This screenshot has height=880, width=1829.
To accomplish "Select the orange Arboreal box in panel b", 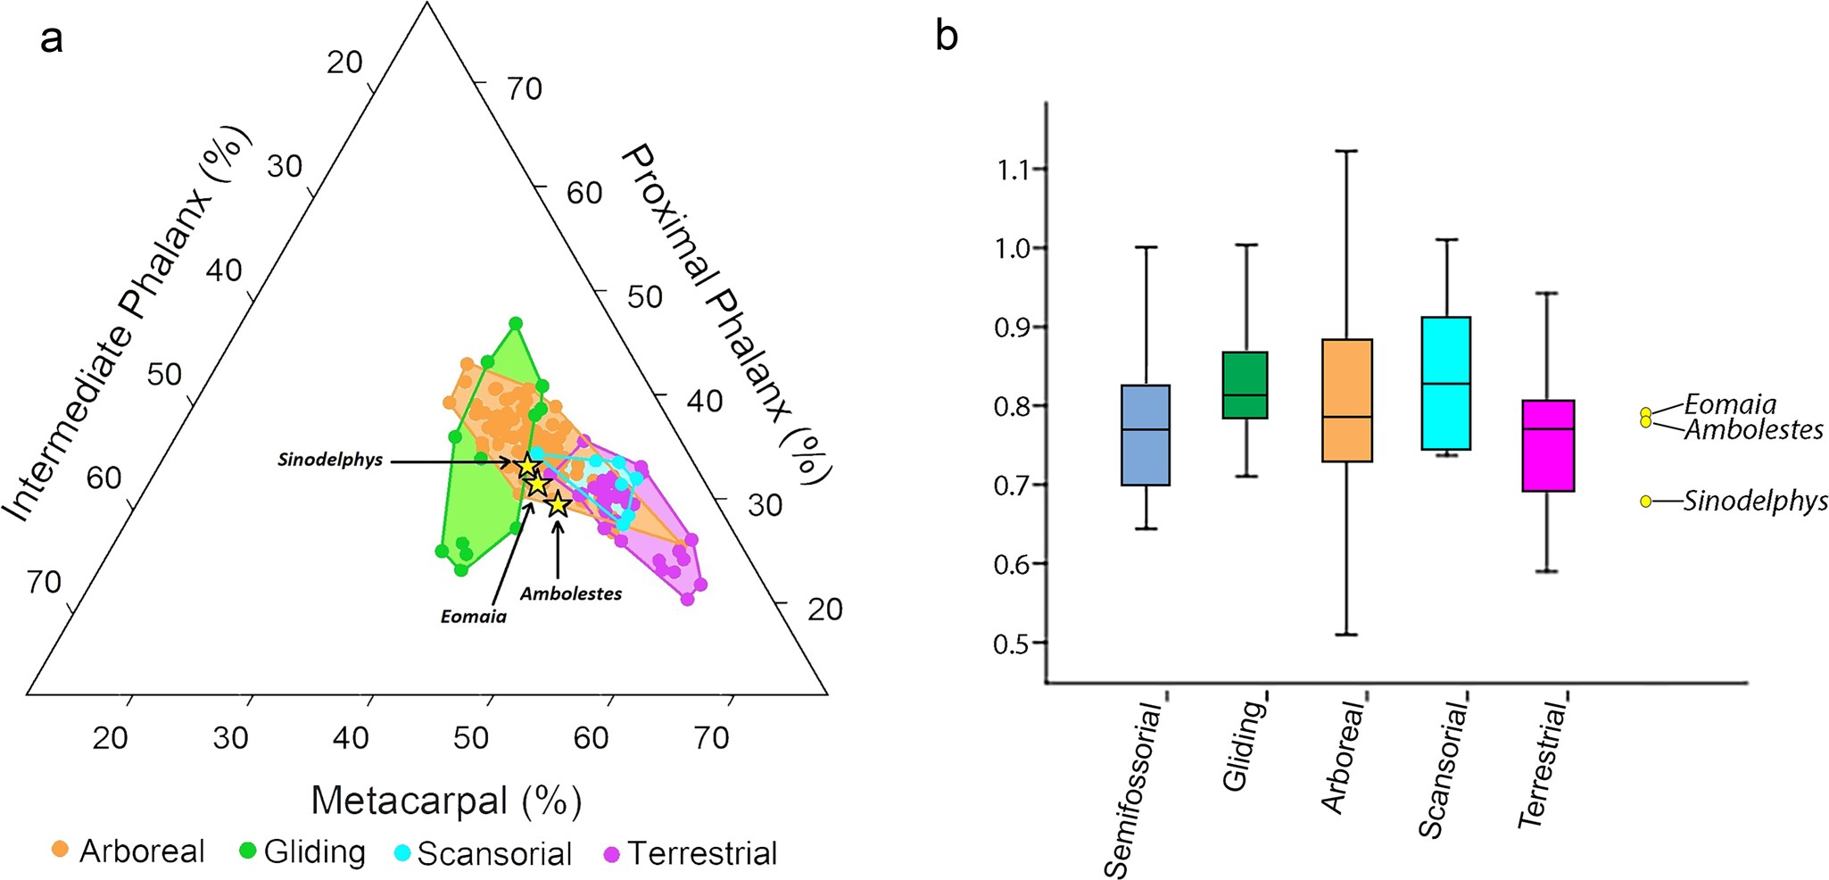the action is coord(1346,400).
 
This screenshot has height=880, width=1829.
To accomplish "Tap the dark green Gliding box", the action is coord(1245,385).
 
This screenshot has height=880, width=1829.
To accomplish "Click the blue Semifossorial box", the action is coord(1145,435).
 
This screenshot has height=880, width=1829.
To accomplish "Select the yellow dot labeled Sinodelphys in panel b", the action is coord(1645,502).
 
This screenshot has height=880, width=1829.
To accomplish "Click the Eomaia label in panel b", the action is coord(1730,404).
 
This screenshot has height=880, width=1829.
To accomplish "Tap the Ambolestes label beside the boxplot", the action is coord(1753,430).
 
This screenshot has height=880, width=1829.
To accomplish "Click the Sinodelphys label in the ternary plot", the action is coord(330,461).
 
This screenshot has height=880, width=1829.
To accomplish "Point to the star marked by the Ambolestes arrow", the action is coord(559,505).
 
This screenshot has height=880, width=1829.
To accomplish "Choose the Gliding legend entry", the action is coord(303,852).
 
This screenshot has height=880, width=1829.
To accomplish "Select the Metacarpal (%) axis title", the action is coord(446,801).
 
